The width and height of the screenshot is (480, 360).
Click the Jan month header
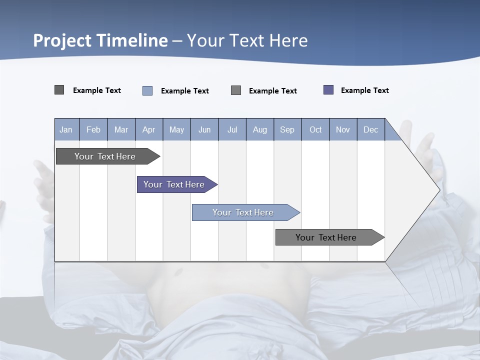[x=66, y=129]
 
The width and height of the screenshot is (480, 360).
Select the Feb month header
[x=93, y=129]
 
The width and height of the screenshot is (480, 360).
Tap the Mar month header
[x=121, y=129]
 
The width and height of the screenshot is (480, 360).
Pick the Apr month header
[x=149, y=129]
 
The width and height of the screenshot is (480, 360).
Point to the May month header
[x=176, y=129]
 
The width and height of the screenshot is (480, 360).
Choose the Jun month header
[x=204, y=129]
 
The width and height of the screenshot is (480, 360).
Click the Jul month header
[x=232, y=129]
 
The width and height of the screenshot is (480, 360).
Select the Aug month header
[x=260, y=129]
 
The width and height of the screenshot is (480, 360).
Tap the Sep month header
[x=287, y=129]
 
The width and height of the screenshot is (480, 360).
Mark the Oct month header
[x=315, y=129]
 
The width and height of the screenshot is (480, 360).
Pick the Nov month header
[x=343, y=129]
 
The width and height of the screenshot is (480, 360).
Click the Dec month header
[x=371, y=129]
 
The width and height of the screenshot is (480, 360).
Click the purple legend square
[x=328, y=90]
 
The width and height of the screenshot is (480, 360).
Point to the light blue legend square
[x=147, y=90]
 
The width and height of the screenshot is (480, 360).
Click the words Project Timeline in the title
[x=100, y=40]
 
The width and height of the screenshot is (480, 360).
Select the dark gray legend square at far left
[x=59, y=90]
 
